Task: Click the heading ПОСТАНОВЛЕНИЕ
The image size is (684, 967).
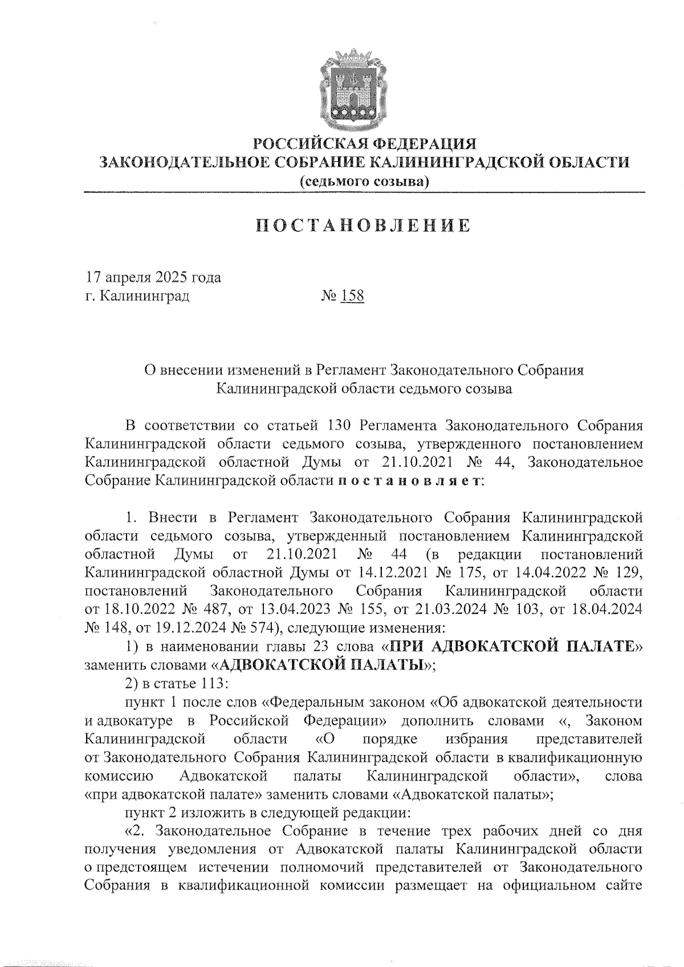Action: [x=363, y=226]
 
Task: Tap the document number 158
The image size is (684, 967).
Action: [x=352, y=296]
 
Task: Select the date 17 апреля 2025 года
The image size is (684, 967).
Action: [x=153, y=278]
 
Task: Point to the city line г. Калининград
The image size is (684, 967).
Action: [x=137, y=296]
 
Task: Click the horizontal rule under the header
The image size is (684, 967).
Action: [x=364, y=194]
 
